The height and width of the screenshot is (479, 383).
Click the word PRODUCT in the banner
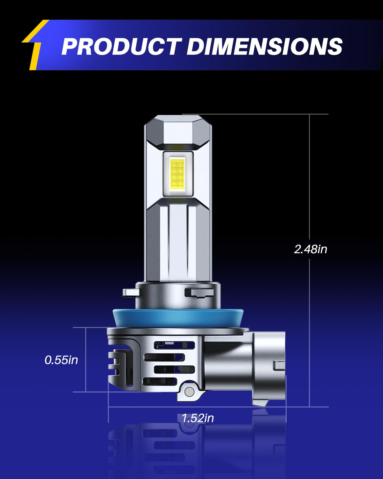coord(122,46)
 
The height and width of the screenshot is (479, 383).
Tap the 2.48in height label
coord(311,249)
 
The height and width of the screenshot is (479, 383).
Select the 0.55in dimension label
coord(61,360)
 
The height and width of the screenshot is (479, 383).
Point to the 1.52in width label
coord(198,418)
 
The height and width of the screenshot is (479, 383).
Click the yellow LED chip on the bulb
coord(177,174)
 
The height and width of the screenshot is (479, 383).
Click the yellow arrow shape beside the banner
coord(36,44)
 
